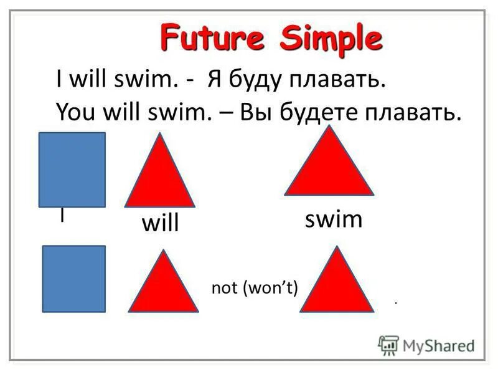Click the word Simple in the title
329,38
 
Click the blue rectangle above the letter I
72,170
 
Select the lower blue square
73,278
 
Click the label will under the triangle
160,224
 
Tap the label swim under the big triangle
333,220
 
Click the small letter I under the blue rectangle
62,215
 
